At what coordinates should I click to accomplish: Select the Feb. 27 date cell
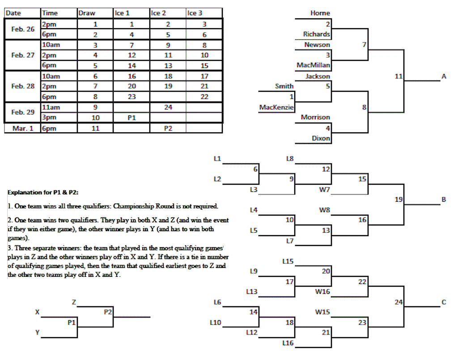(23, 55)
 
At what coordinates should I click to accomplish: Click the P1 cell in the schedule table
(131, 118)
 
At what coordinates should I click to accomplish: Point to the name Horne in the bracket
(320, 13)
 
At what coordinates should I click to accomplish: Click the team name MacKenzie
(276, 107)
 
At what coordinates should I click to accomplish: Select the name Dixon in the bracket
(321, 139)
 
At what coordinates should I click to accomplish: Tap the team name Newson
(317, 45)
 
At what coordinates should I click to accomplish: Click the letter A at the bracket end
(444, 76)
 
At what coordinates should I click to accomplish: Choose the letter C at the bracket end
(444, 302)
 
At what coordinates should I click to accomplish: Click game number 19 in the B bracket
(399, 199)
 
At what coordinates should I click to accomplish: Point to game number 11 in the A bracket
(399, 76)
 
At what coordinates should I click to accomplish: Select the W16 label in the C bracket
(322, 292)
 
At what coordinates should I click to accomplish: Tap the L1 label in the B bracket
(217, 158)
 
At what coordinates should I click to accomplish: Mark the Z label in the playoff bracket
(73, 302)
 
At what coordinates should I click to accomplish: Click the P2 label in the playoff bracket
(107, 312)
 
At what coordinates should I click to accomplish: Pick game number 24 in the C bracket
(399, 302)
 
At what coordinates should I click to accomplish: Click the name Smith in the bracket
(284, 86)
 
